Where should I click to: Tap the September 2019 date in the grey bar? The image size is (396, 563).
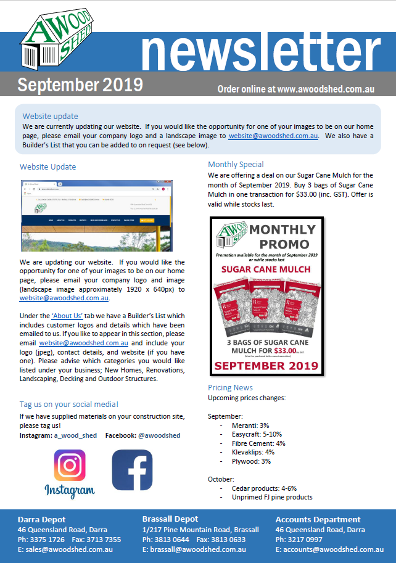[80, 84]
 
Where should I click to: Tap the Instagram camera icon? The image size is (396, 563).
[69, 466]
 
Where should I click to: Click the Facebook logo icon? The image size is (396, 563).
[132, 470]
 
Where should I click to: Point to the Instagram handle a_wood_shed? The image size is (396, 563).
[75, 435]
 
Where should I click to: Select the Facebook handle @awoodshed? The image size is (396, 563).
[159, 435]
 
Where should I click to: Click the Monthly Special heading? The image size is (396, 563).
[236, 165]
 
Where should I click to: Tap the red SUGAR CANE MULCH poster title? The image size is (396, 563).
[266, 270]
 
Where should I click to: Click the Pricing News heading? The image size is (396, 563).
[230, 388]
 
